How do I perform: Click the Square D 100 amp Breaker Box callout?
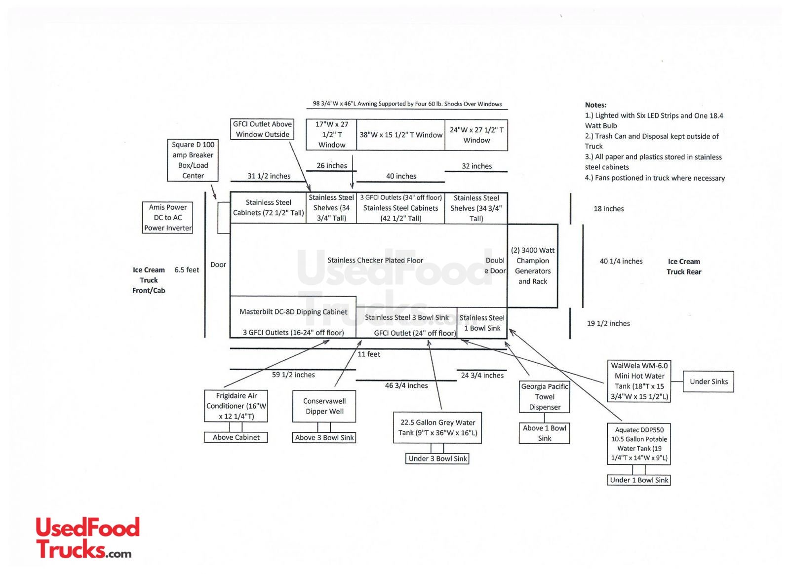193,160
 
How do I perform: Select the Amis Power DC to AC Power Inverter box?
167,218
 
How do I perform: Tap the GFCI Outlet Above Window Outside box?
262,129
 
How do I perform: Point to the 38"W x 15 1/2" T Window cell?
400,135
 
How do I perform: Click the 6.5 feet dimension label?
187,270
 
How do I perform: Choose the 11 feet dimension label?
369,354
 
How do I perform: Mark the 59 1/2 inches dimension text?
293,375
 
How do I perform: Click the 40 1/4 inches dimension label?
621,261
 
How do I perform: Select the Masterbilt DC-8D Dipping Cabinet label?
293,312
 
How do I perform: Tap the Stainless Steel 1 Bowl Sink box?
482,323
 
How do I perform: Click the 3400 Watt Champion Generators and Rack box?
533,266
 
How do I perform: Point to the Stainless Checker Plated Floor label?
375,260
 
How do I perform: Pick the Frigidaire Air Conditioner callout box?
236,406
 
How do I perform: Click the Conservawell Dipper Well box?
324,406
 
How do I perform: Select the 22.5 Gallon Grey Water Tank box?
437,428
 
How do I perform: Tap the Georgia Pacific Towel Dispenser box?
545,397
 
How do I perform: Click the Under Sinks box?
709,382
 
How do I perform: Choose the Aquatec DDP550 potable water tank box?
639,444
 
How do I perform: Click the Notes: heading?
595,105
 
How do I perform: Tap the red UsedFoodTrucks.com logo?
88,538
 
